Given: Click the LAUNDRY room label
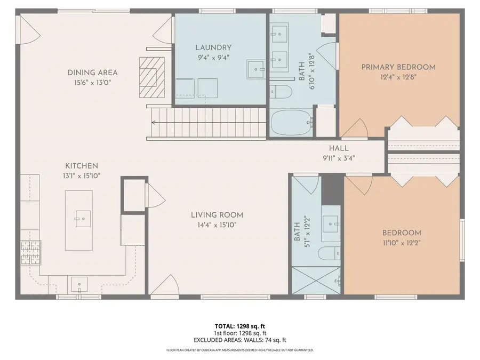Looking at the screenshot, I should [x=213, y=47].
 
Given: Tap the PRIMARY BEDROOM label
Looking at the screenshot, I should [x=398, y=67].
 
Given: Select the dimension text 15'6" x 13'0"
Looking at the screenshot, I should [x=92, y=83].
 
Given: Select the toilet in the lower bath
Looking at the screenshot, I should [x=329, y=253].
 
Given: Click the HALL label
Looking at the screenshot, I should [x=339, y=148].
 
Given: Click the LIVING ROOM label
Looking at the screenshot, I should [x=217, y=215].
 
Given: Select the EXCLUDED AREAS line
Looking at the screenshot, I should [x=239, y=340].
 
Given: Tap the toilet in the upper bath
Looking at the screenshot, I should [x=282, y=92].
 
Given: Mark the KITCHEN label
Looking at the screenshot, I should [x=82, y=166].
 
